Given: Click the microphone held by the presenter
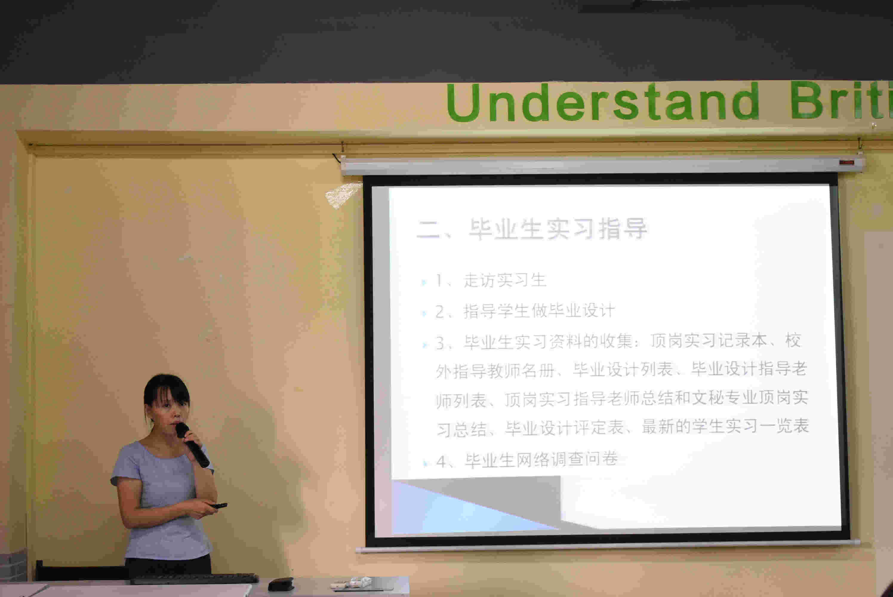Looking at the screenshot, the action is click(x=192, y=445).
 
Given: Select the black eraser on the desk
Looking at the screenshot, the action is click(x=281, y=584).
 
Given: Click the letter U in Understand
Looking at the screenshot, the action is click(x=463, y=103).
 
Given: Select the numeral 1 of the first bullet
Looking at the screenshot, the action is click(x=439, y=281).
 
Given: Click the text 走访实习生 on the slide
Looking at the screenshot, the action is click(x=505, y=281).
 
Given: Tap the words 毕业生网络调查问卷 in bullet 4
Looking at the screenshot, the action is click(x=541, y=460).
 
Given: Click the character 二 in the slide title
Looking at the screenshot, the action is click(x=428, y=230).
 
